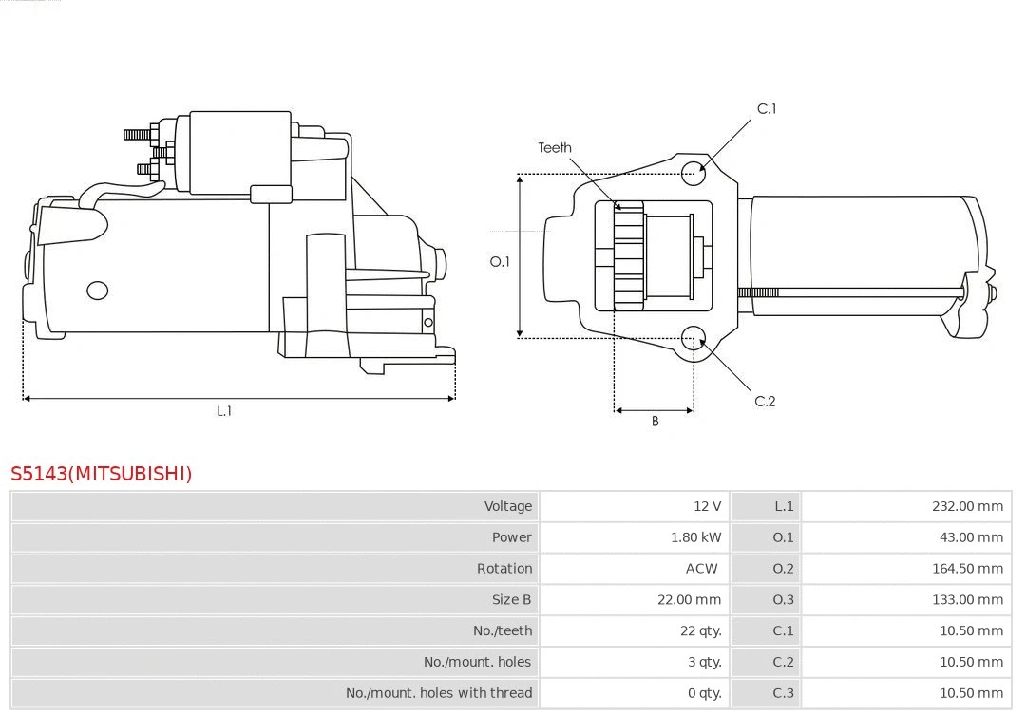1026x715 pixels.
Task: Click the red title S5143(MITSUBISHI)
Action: tap(102, 473)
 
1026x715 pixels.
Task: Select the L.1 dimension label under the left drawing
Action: tap(224, 411)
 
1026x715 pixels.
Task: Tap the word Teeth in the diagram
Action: tap(555, 147)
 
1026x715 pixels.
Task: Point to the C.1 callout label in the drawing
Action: tap(766, 108)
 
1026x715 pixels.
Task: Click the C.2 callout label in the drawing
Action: tap(765, 401)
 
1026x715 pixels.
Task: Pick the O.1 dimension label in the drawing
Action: tap(500, 261)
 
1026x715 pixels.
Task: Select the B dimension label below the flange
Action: tap(655, 421)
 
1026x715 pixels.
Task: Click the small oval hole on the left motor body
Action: tap(97, 290)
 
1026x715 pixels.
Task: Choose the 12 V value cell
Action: tap(707, 506)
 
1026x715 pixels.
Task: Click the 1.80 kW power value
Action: tap(695, 537)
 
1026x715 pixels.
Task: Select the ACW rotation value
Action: tap(702, 569)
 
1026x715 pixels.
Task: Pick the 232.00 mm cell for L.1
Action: tap(967, 506)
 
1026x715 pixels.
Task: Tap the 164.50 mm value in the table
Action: tap(967, 569)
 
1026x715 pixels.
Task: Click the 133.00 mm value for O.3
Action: tap(967, 600)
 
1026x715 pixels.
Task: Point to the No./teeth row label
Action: tap(503, 630)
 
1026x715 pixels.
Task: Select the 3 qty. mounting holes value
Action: tap(704, 662)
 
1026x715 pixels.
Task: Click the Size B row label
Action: tap(511, 600)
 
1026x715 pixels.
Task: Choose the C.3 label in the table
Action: tap(783, 693)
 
